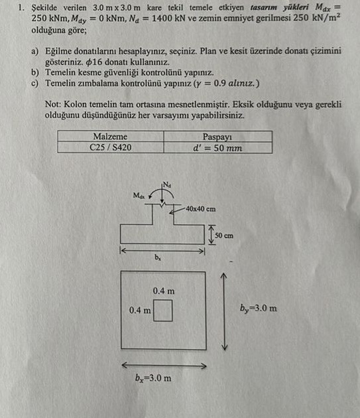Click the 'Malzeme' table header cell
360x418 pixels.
point(110,136)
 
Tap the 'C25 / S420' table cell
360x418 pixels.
point(110,147)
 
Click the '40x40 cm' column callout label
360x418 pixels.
point(201,209)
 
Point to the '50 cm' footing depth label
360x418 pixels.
point(224,235)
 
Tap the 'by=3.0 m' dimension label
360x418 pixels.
point(258,309)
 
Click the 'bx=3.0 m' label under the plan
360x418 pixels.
point(152,378)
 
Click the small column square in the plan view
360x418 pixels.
point(163,311)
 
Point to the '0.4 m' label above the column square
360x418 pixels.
point(163,291)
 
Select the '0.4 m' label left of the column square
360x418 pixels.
point(140,310)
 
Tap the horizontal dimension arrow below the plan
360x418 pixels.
point(162,364)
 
